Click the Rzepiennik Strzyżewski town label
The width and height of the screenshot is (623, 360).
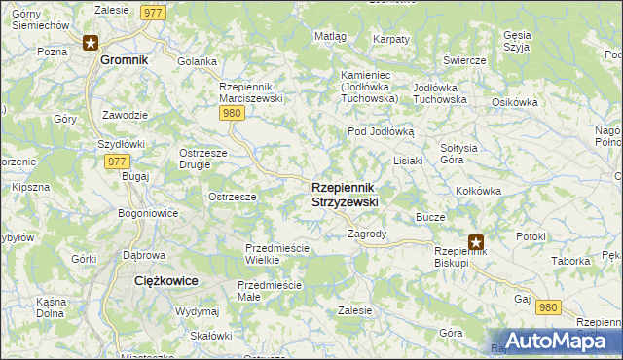[345, 194]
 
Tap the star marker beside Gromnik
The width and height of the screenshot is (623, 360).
[91, 42]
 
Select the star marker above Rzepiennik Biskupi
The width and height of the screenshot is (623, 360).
[476, 243]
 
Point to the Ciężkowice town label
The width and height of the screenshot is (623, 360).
[165, 280]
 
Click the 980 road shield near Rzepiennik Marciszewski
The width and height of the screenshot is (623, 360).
[231, 114]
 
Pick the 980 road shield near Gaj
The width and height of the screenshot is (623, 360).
[549, 307]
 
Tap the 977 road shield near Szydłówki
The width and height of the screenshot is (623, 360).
[115, 162]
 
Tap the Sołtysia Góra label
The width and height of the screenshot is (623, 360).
[458, 153]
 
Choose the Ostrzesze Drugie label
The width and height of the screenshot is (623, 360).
[202, 158]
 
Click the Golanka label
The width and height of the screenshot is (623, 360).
[197, 61]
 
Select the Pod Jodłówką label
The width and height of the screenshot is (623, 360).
[381, 131]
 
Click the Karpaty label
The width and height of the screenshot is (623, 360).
[390, 39]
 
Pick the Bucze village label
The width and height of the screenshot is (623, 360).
[430, 217]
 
